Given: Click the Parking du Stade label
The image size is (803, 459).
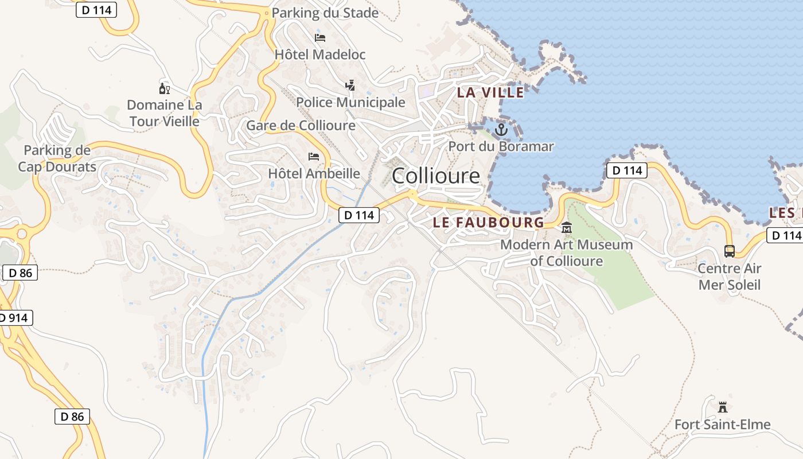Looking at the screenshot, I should (x=325, y=13).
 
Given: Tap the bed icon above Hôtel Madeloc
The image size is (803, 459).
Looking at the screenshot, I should (x=320, y=38).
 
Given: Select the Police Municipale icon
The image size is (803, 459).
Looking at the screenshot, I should (x=350, y=86).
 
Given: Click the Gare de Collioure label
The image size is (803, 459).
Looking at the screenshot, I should (x=301, y=125).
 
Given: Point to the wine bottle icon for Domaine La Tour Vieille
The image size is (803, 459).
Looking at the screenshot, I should (x=164, y=88).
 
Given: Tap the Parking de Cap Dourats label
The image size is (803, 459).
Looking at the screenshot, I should (x=57, y=158).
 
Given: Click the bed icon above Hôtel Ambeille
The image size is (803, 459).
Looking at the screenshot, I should (x=314, y=156).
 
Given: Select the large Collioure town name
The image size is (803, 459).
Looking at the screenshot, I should (x=435, y=176).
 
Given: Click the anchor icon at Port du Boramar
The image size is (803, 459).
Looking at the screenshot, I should (x=501, y=130).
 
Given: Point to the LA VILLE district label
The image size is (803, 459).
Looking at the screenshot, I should (x=490, y=92).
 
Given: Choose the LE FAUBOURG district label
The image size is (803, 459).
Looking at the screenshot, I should (x=488, y=223).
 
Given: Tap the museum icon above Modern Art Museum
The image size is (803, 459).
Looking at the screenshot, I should (x=567, y=228).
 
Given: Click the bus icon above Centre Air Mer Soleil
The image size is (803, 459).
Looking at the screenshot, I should (x=729, y=251).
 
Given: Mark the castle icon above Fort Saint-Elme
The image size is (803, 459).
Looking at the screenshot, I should (x=722, y=407).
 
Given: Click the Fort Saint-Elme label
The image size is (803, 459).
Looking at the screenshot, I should (x=722, y=425).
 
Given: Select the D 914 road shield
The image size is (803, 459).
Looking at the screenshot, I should (x=15, y=318).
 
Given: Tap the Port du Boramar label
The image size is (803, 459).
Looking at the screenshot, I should (x=501, y=146).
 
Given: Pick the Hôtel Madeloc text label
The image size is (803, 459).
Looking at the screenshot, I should (x=320, y=55).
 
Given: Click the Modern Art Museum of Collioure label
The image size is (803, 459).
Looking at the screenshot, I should (x=567, y=253).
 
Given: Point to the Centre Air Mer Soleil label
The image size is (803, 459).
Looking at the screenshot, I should (x=729, y=277).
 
